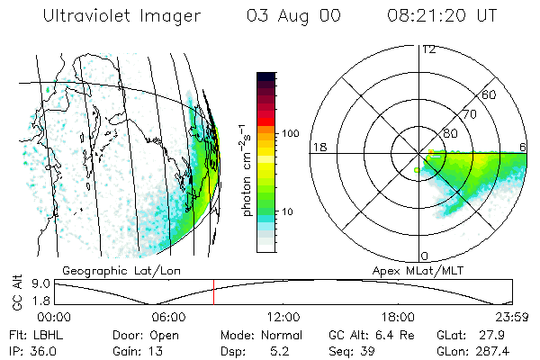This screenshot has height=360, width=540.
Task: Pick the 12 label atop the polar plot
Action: pyautogui.click(x=428, y=49)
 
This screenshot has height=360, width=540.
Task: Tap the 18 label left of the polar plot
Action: pyautogui.click(x=318, y=147)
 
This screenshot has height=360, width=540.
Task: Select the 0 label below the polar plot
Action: pyautogui.click(x=425, y=256)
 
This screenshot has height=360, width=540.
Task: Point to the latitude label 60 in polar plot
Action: pyautogui.click(x=490, y=94)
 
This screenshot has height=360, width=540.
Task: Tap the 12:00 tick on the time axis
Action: pyautogui.click(x=283, y=317)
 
